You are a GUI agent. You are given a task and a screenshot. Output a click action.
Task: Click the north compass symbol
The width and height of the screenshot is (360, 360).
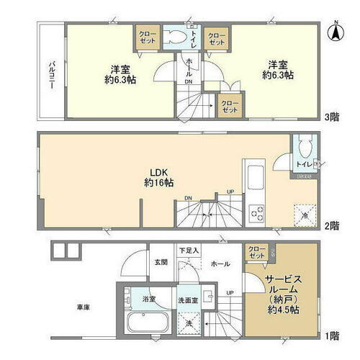tap(335, 30)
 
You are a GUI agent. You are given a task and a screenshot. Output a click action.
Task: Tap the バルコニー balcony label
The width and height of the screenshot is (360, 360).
tap(52, 72)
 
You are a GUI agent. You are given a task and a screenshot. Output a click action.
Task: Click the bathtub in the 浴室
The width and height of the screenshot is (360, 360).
tap(146, 321)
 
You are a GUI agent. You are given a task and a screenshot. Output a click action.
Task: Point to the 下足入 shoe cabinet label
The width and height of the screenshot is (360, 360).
tap(189, 250)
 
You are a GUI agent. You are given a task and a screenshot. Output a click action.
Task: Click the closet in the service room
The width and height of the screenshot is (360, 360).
tap(258, 253)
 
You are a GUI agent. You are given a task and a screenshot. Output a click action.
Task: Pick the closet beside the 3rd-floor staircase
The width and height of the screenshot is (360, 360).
tap(230, 105)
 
